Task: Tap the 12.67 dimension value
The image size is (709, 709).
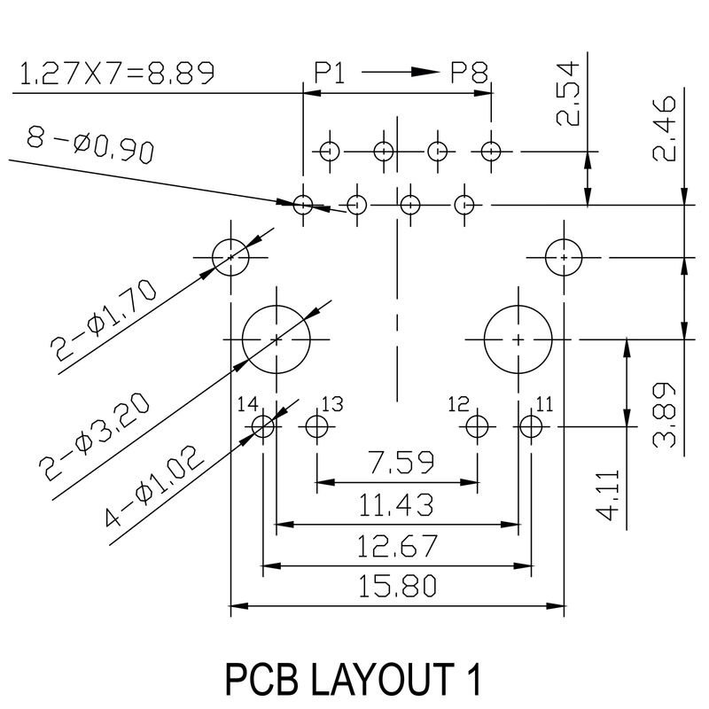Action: click(396, 547)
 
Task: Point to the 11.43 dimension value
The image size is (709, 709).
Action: click(396, 505)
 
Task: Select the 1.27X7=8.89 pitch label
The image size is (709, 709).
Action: click(116, 74)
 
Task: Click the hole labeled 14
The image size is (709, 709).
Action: click(263, 427)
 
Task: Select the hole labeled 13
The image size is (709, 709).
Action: click(316, 427)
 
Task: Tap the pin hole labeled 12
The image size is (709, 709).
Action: click(477, 427)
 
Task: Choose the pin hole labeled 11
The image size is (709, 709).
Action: click(530, 427)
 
